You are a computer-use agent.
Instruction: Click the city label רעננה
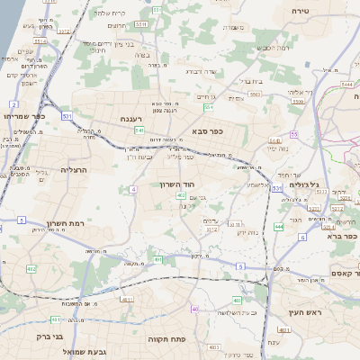click(132, 118)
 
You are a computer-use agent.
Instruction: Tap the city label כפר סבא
click(207, 130)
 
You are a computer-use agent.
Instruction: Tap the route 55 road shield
click(293, 134)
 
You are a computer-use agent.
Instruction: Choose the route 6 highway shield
click(303, 238)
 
